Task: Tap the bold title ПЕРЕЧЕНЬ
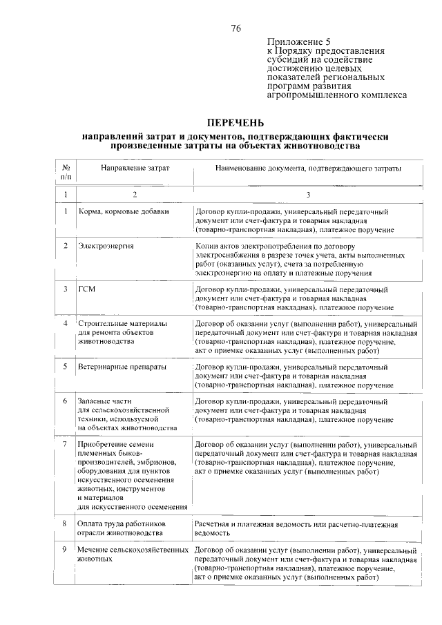point(236,122)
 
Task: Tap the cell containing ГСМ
point(86,289)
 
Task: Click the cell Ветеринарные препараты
point(124,366)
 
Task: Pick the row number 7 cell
point(65,443)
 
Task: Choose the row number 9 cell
point(65,550)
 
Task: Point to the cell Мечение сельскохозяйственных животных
point(133,555)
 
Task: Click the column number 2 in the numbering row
point(135,195)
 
